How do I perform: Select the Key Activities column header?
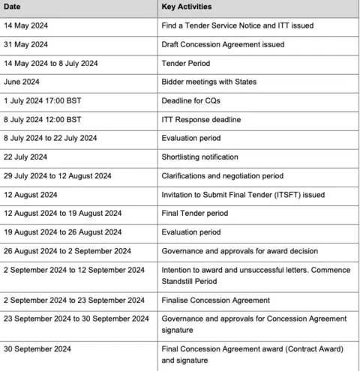[186, 7]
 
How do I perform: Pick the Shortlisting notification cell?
[199, 157]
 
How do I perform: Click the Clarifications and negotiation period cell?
[222, 175]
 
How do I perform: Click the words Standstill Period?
[188, 281]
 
